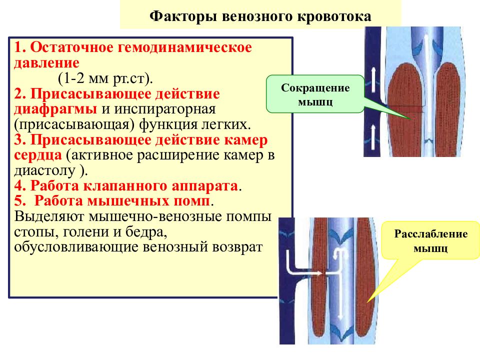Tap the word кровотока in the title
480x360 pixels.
click(334, 16)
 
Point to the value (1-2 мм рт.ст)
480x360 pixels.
click(105, 78)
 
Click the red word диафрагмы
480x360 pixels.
click(55, 109)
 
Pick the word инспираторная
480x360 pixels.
click(165, 109)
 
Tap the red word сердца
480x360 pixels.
click(38, 155)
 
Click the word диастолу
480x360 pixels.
click(44, 170)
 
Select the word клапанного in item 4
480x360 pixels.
click(125, 186)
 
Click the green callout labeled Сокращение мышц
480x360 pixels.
click(315, 94)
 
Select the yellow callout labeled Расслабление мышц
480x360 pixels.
click(430, 240)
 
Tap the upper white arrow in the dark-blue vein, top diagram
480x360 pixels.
click(373, 80)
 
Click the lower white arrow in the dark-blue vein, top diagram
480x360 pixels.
click(373, 136)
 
